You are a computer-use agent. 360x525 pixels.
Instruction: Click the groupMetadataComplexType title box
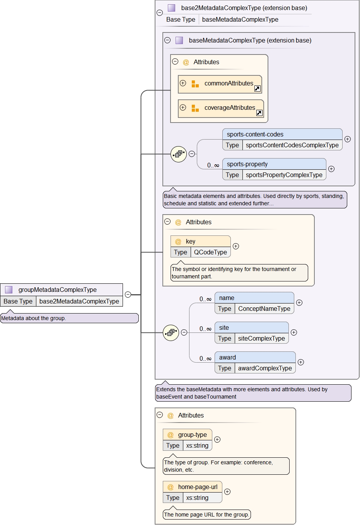click(x=61, y=290)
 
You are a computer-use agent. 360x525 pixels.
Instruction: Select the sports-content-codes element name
click(x=255, y=134)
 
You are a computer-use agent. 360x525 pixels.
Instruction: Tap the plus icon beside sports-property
click(x=331, y=169)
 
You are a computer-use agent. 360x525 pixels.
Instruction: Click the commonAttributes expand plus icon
click(x=183, y=83)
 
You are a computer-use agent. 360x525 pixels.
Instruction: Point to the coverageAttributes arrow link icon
click(x=259, y=113)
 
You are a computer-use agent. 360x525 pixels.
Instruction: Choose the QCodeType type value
click(x=210, y=252)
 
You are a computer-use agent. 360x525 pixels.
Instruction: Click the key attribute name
click(x=190, y=241)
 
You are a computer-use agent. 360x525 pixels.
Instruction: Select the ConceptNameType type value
click(x=264, y=309)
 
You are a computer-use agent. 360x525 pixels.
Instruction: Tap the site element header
click(x=251, y=327)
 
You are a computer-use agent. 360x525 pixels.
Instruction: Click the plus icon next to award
click(x=301, y=362)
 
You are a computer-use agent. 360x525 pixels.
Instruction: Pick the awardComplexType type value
click(x=265, y=368)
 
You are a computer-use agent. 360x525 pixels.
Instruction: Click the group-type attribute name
click(x=192, y=435)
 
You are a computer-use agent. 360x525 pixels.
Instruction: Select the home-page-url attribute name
click(x=198, y=487)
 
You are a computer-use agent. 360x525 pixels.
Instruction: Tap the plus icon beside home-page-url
click(x=227, y=492)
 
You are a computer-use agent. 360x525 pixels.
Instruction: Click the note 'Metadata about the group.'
click(x=69, y=318)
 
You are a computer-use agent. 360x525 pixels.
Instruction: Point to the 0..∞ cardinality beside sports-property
click(x=213, y=165)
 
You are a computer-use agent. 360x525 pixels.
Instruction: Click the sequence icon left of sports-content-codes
click(x=179, y=154)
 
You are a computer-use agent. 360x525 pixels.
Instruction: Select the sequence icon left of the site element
click(x=171, y=332)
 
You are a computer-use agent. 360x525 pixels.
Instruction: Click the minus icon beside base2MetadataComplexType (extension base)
click(x=160, y=12)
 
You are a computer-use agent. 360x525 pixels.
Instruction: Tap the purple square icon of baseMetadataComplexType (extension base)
click(x=179, y=40)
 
